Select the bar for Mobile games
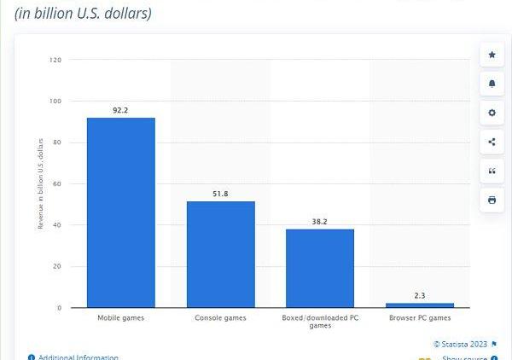[120, 212]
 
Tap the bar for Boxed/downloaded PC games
[320, 268]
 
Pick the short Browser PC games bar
[419, 305]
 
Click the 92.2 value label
[120, 110]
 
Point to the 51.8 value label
[220, 194]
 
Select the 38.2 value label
[320, 222]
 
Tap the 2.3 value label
[419, 295]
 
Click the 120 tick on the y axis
[55, 60]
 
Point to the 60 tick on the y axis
[57, 183]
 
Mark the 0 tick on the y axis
[60, 307]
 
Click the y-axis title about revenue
[40, 183]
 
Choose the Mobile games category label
[120, 318]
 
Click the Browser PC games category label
[419, 318]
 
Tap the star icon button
[492, 55]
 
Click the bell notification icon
[492, 84]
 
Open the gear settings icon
[492, 113]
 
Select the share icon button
[492, 142]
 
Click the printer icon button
[492, 200]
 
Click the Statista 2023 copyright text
[460, 344]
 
